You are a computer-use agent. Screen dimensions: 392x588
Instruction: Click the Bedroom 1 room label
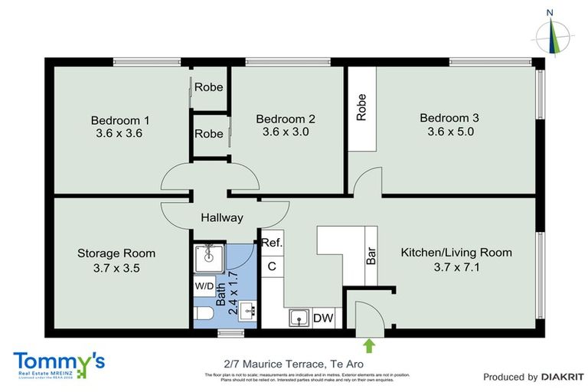point(119,120)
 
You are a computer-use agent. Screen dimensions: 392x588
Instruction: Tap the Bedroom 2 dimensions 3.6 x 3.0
point(285,132)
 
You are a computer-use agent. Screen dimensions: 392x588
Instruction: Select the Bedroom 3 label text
point(449,118)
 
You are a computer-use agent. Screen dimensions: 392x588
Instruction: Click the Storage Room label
point(116,253)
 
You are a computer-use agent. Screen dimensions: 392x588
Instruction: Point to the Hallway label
point(222,217)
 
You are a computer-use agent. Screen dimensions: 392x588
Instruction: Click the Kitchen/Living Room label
point(456,253)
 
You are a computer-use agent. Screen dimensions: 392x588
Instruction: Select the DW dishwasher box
point(323,317)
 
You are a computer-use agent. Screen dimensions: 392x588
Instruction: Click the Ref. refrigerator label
point(273,243)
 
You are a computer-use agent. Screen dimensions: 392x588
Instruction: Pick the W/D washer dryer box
point(204,286)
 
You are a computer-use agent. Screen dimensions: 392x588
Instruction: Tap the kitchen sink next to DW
point(299,317)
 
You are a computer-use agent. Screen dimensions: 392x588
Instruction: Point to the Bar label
point(371,256)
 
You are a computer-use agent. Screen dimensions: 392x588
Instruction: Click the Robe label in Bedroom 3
point(362,107)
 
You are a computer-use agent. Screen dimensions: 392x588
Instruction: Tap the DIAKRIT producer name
point(563,377)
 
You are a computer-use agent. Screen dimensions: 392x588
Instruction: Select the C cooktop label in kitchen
point(271,266)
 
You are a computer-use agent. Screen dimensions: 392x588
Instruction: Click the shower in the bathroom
point(207,260)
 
